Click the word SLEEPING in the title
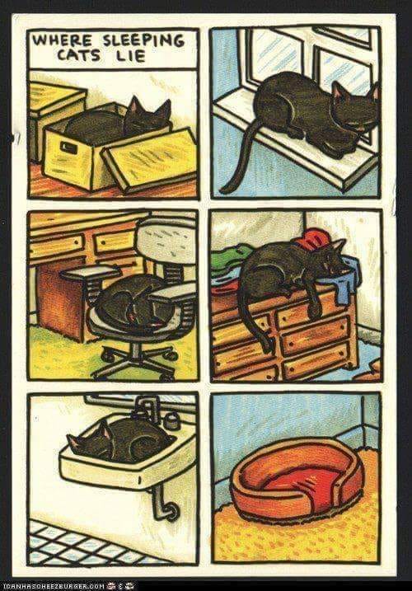click(143, 40)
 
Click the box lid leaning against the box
click(150, 159)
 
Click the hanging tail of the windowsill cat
click(239, 158)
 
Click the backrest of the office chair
click(166, 242)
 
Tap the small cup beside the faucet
click(173, 420)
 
